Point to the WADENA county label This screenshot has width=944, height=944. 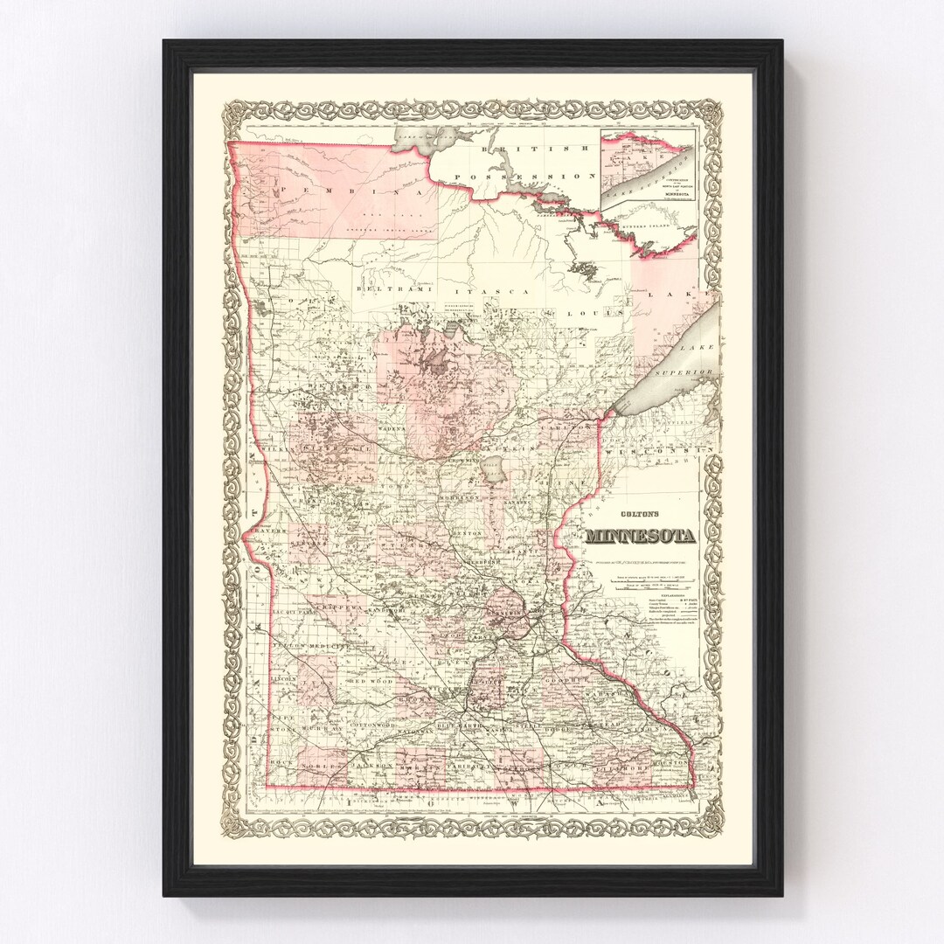point(393,429)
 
